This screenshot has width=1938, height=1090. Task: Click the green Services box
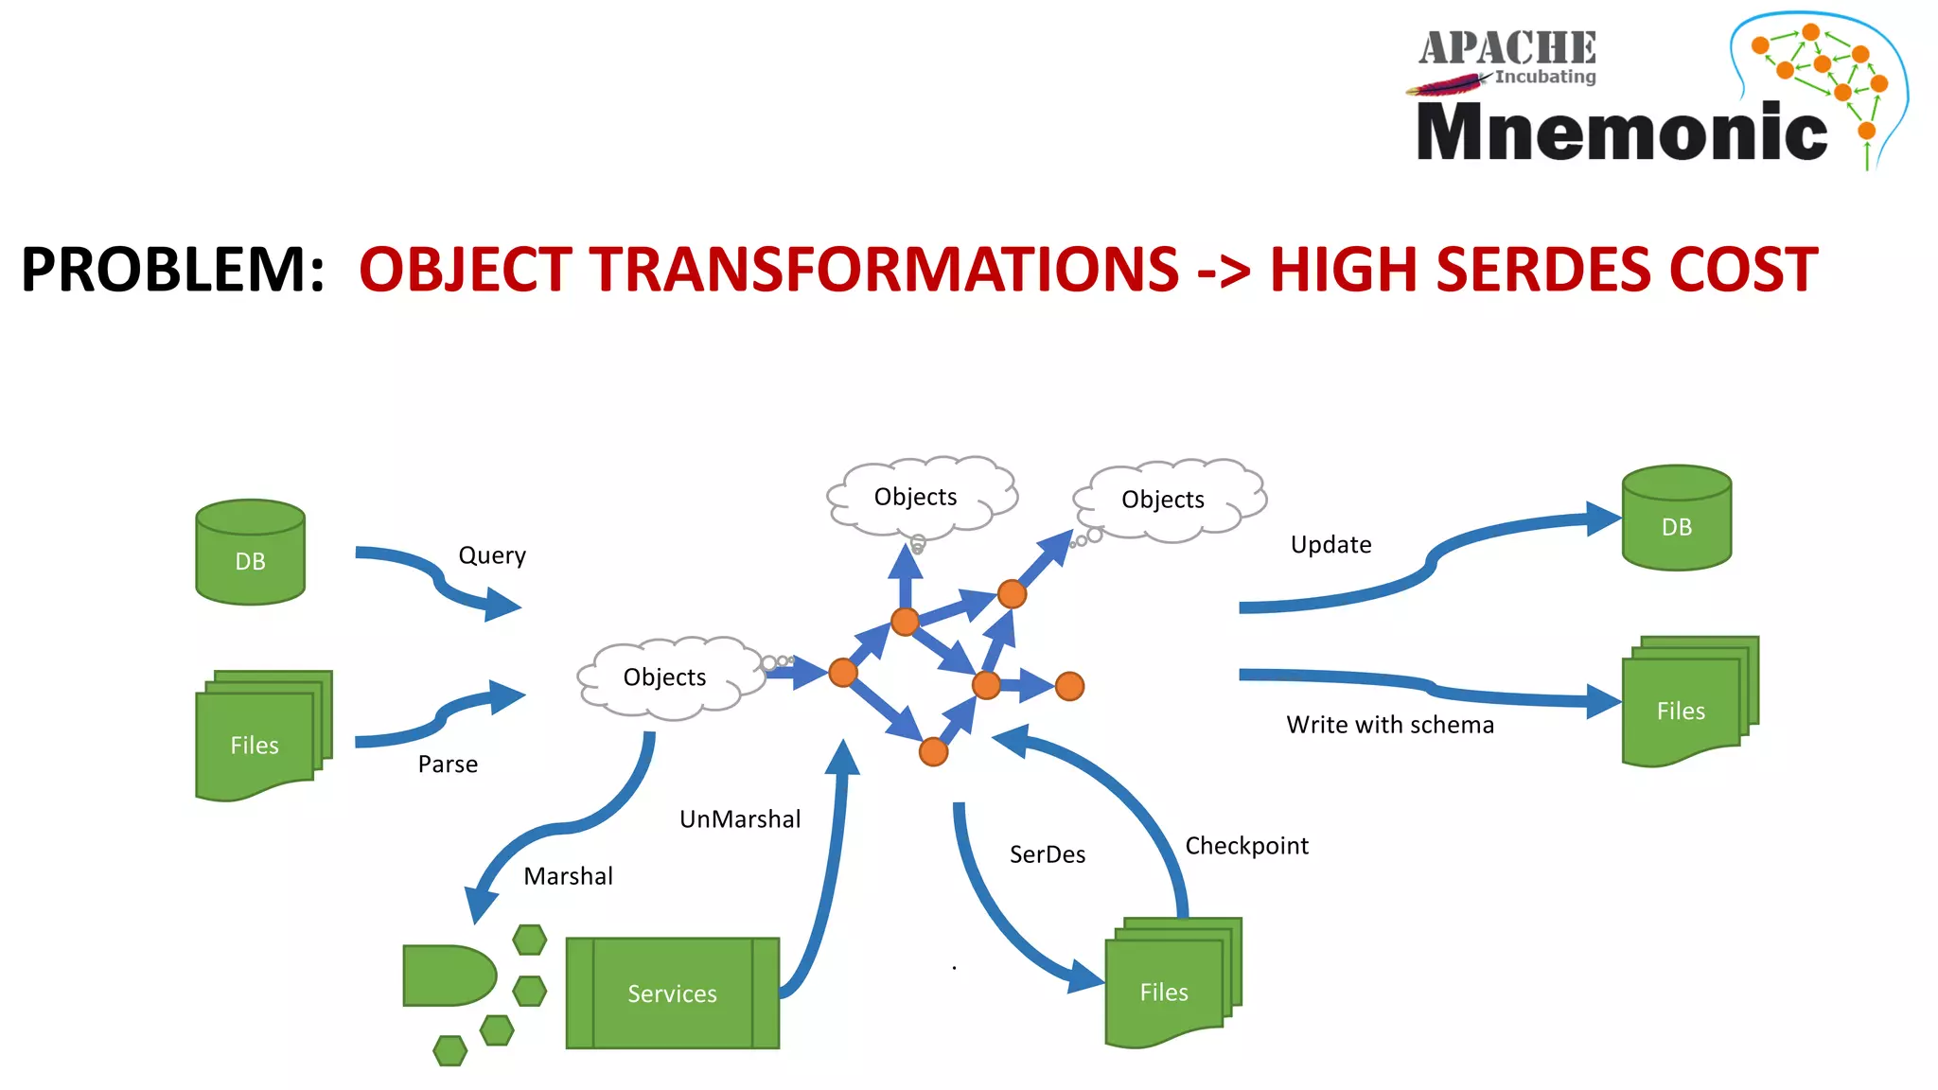point(672,993)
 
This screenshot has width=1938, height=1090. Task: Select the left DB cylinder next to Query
point(250,553)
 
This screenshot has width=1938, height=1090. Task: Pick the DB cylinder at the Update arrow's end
point(1676,519)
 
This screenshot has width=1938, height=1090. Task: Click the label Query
point(492,555)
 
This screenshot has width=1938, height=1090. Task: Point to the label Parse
point(448,765)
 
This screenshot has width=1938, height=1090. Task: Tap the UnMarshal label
point(740,819)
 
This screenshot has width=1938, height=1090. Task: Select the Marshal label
point(568,876)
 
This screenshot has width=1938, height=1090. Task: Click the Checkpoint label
point(1246,846)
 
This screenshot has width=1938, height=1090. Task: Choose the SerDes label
point(1047,854)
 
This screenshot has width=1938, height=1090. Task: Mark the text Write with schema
point(1389,725)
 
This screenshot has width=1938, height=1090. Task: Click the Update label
point(1330,545)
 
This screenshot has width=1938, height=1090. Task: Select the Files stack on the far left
point(259,736)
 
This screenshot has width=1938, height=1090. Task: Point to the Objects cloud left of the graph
point(666,677)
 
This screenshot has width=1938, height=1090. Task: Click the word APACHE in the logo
point(1506,47)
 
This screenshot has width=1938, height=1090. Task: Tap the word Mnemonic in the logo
point(1621,132)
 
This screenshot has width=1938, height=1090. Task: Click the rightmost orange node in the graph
point(1069,686)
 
